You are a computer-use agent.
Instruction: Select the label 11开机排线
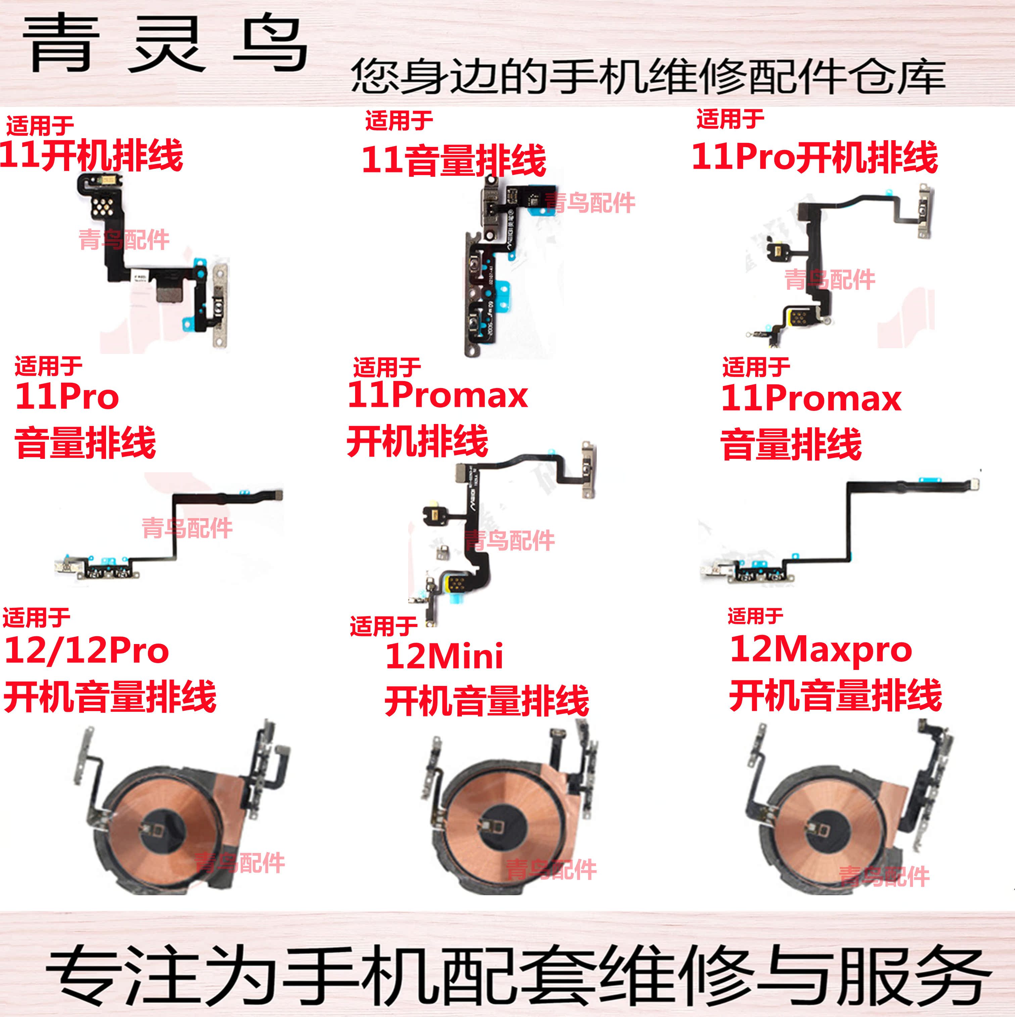(91, 155)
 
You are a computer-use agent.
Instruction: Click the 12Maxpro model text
(821, 650)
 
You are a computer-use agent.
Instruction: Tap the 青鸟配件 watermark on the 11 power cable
(124, 240)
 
